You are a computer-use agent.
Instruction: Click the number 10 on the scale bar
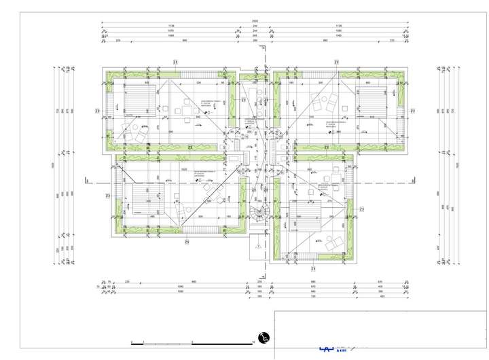pyautogui.click(x=253, y=342)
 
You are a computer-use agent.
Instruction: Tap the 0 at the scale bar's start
pyautogui.click(x=133, y=342)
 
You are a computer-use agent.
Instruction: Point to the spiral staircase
pyautogui.click(x=260, y=213)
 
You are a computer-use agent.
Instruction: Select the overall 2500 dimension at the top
pyautogui.click(x=255, y=21)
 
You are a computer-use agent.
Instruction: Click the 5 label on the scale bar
pyautogui.click(x=194, y=342)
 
